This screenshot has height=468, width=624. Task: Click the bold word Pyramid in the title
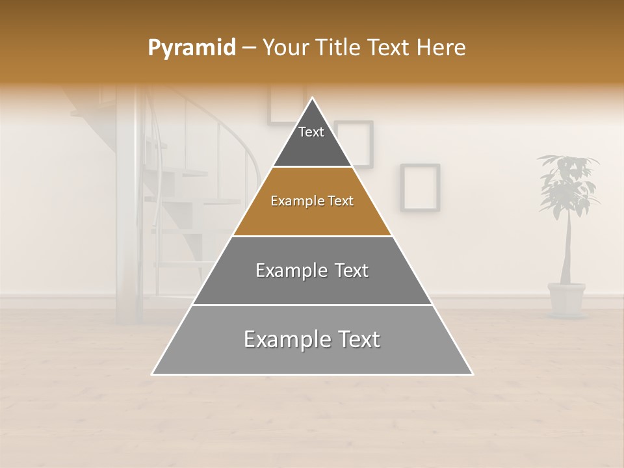tap(191, 47)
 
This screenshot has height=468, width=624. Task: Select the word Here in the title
tap(441, 47)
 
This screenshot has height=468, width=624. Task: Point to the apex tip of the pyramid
tap(312, 99)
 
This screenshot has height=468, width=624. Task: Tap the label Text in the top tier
tap(311, 132)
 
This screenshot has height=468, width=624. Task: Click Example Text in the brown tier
tap(312, 201)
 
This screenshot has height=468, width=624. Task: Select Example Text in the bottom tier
tap(312, 339)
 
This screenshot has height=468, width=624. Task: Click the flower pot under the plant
tap(566, 299)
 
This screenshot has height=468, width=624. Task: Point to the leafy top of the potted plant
tap(567, 182)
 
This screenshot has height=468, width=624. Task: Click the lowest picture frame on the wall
tap(420, 187)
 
